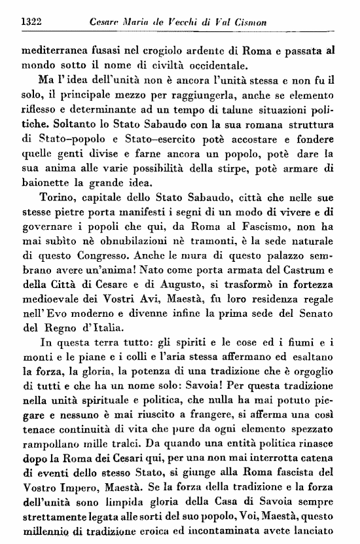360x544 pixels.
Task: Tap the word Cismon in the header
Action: click(215, 23)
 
